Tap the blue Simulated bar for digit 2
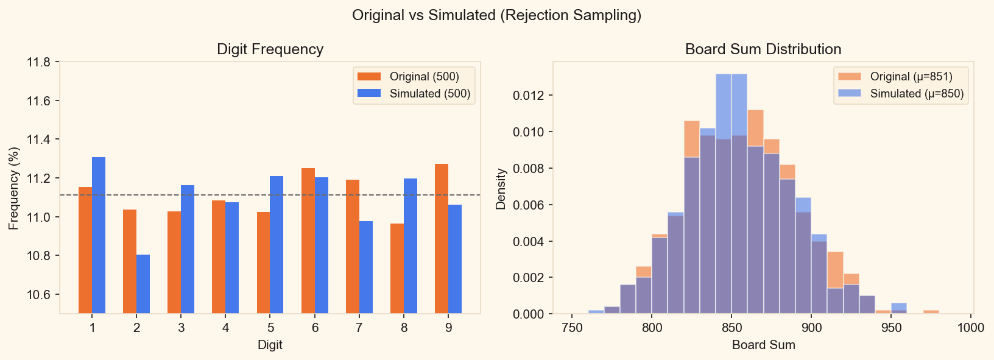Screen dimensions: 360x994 (x=143, y=284)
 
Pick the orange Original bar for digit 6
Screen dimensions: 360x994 (x=308, y=241)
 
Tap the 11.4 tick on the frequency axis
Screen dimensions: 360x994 (x=38, y=139)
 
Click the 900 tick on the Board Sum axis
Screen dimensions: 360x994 (x=811, y=328)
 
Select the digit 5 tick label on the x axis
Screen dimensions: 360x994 (x=270, y=328)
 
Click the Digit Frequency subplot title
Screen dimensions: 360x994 (x=270, y=49)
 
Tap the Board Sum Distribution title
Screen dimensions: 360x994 (x=763, y=49)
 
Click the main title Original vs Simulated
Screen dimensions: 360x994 (x=496, y=15)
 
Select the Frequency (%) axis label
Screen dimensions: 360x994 (x=13, y=188)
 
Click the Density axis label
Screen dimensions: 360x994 (x=501, y=189)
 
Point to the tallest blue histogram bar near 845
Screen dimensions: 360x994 (x=724, y=195)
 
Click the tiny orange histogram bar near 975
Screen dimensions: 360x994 (x=931, y=312)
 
